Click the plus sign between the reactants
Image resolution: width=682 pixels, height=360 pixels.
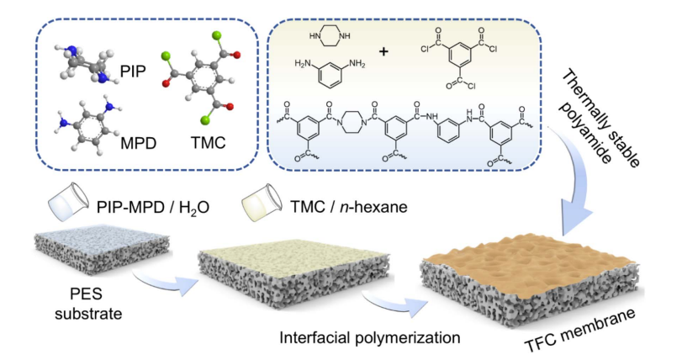(x=383, y=51)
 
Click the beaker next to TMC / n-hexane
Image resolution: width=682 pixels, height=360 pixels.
(x=259, y=201)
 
